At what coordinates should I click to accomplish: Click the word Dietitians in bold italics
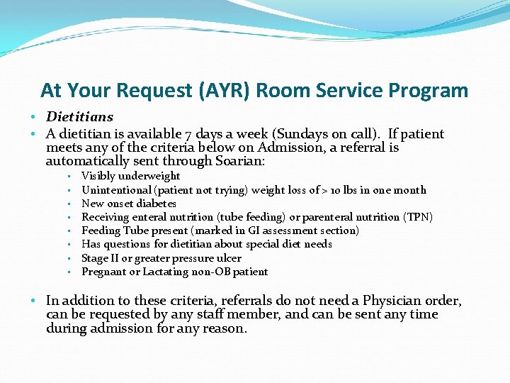pyautogui.click(x=79, y=117)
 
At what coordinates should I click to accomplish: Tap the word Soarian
pyautogui.click(x=239, y=162)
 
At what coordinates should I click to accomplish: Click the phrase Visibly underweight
pyautogui.click(x=131, y=176)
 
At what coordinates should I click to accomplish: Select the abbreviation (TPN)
pyautogui.click(x=417, y=217)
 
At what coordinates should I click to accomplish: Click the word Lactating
pyautogui.click(x=165, y=272)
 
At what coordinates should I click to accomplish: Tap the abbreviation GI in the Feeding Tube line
pyautogui.click(x=234, y=231)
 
